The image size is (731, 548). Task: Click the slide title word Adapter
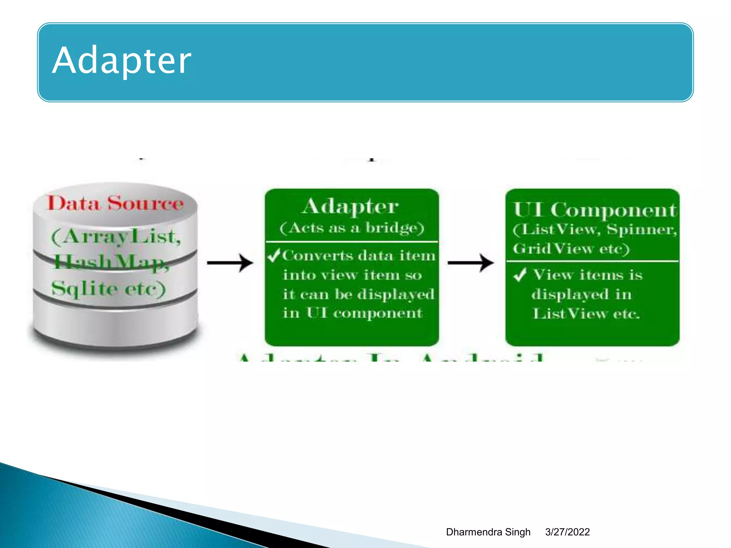[121, 61]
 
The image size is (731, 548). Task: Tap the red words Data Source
[115, 204]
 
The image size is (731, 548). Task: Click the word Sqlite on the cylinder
[84, 289]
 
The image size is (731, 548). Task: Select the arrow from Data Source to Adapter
[230, 263]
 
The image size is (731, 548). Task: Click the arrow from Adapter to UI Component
[470, 263]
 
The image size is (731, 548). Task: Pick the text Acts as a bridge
[352, 228]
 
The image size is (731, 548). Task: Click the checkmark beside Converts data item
[274, 255]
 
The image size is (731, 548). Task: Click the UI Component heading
[594, 210]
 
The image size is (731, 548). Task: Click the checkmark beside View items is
[520, 275]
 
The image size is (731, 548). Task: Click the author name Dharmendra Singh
[488, 532]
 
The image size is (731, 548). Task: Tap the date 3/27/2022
[567, 532]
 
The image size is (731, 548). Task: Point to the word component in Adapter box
[378, 313]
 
